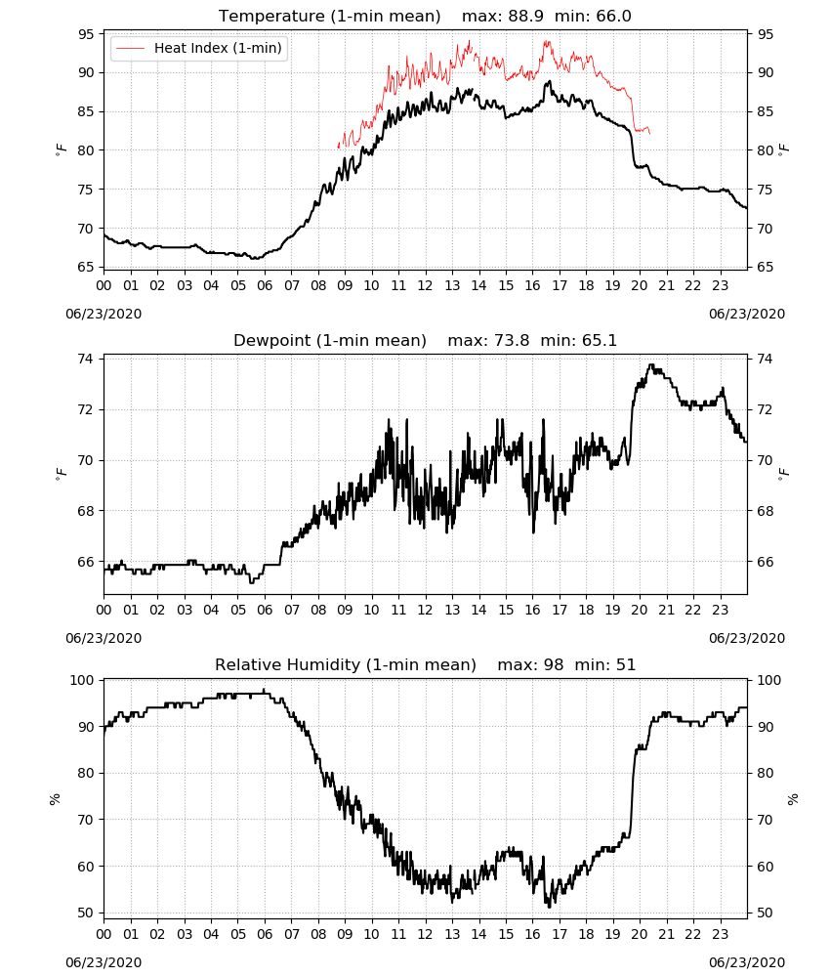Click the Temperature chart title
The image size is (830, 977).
[x=329, y=16]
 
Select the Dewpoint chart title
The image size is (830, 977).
[x=330, y=340]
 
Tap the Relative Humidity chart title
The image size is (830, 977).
[x=346, y=664]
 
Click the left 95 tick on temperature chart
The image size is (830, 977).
[x=87, y=34]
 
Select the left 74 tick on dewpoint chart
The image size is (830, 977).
[x=87, y=359]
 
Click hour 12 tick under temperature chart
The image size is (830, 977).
[x=426, y=286]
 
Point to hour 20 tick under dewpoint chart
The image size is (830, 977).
[x=640, y=610]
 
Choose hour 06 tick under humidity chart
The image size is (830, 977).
[x=265, y=935]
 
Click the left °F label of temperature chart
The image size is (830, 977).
[x=61, y=150]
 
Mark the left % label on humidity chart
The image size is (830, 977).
[x=55, y=799]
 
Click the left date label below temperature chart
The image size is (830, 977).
[x=104, y=314]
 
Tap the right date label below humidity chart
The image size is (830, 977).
[x=747, y=962]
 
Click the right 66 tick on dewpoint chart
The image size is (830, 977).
[x=764, y=562]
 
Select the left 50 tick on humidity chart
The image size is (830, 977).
[x=87, y=913]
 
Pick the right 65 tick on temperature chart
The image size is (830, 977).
[x=764, y=268]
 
